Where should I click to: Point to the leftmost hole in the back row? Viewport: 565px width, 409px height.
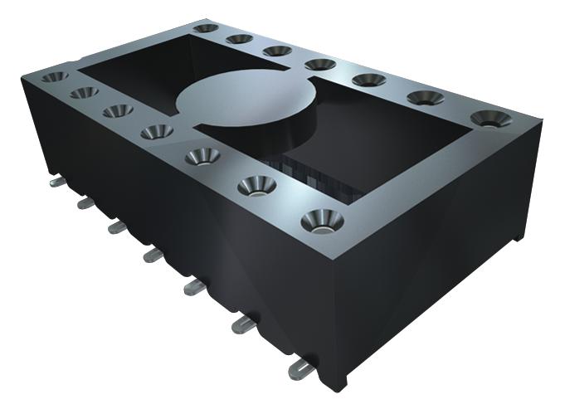pyautogui.click(x=205, y=28)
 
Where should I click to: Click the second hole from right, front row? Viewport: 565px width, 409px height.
pyautogui.click(x=259, y=185)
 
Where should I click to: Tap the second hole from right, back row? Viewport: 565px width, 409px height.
pyautogui.click(x=425, y=98)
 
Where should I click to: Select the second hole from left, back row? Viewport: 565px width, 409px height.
pyautogui.click(x=240, y=38)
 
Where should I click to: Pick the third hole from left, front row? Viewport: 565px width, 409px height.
pyautogui.click(x=118, y=110)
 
